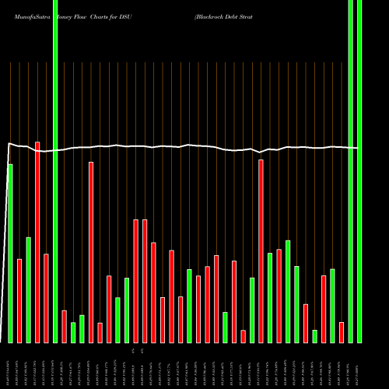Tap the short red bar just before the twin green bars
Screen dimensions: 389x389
(342, 332)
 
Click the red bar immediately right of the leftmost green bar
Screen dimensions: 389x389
(19, 300)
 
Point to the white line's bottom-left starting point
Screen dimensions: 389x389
(1, 342)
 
